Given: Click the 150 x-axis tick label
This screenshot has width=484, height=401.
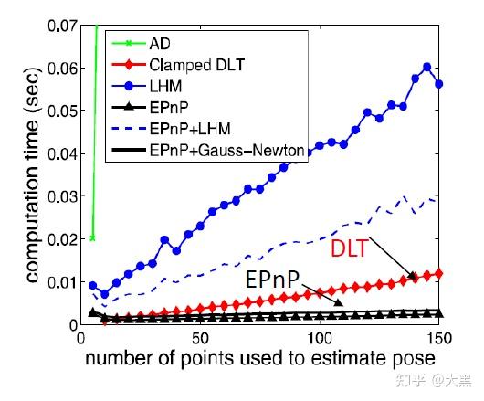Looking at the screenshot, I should pyautogui.click(x=438, y=337).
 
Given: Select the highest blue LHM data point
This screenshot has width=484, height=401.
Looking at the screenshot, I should pyautogui.click(x=427, y=67).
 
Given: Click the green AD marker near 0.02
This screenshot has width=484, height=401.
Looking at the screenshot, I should pyautogui.click(x=93, y=237).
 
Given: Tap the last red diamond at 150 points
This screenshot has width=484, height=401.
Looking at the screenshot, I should pyautogui.click(x=439, y=273).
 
